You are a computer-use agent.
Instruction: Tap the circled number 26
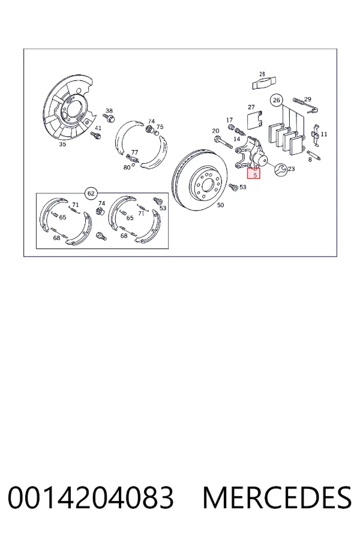point(276,100)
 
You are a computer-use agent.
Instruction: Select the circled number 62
point(91,194)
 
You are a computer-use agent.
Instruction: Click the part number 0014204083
point(91,497)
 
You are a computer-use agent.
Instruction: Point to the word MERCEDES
point(277,497)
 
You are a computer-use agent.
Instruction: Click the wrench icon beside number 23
point(281,169)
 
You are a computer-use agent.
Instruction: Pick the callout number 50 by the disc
point(220,205)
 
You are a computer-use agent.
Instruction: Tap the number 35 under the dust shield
point(62,144)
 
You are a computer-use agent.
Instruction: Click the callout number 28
point(262,74)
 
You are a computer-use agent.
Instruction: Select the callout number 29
point(308,100)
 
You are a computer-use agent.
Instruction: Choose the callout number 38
point(109,111)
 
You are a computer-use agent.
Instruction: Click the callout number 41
point(98,128)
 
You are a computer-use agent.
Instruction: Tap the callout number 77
point(134,152)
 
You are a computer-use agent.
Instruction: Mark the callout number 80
point(127,167)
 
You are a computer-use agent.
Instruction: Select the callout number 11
point(324,134)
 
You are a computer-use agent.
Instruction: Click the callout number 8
point(310,160)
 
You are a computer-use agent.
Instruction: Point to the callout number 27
point(251,107)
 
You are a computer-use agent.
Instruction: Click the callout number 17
point(229,120)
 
